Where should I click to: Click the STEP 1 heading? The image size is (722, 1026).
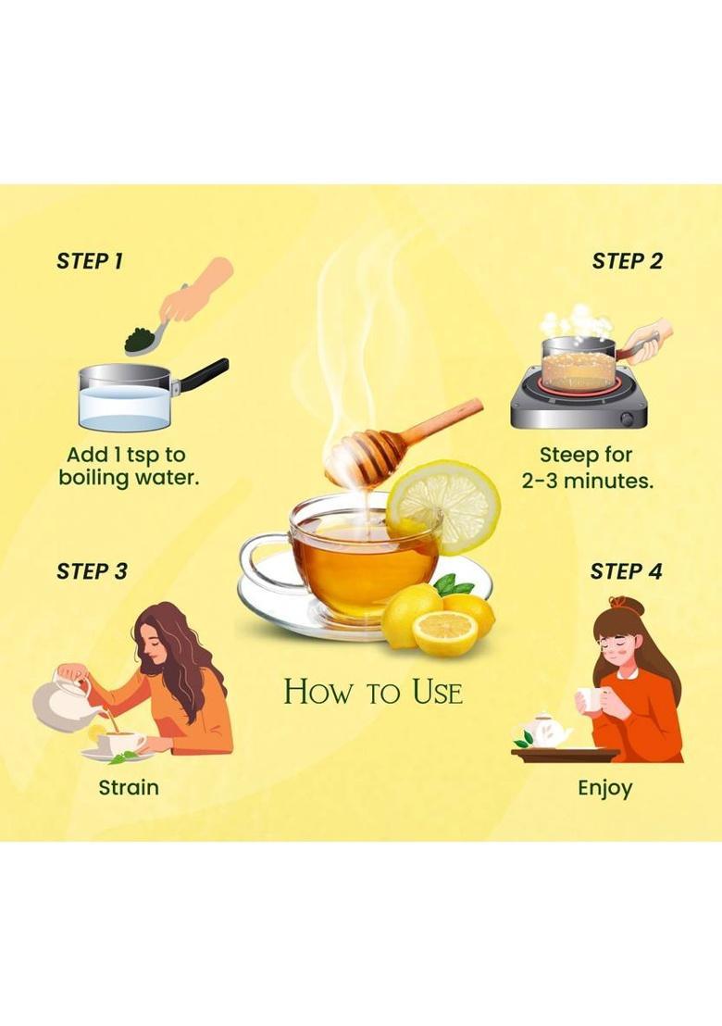coord(90,261)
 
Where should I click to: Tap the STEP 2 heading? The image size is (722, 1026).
coord(627,261)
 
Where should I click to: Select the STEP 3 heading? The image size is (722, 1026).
coord(92,571)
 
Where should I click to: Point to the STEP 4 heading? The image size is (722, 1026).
coord(626,571)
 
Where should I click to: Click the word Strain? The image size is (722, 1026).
coord(129,788)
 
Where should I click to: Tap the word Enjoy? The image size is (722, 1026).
coord(605,788)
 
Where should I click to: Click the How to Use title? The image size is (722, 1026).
coord(372,692)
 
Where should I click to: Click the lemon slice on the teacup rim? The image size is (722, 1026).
coord(443,506)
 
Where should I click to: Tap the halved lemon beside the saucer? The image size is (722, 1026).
coord(444,633)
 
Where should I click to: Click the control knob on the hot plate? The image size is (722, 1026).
coord(628,418)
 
